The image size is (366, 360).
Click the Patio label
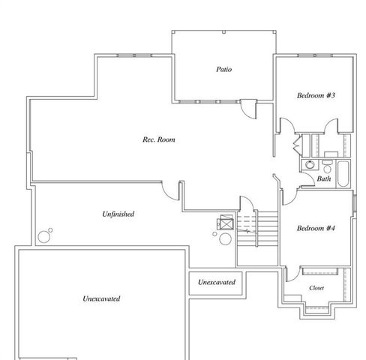(223, 70)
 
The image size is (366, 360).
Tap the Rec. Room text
(160, 139)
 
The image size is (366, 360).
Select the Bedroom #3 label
(315, 96)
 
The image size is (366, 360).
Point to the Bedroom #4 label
(315, 228)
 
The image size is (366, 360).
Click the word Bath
(324, 179)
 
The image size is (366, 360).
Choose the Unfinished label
(118, 214)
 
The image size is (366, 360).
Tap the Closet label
(316, 288)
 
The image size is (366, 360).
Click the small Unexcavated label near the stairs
(217, 283)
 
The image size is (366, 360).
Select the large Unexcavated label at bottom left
(101, 298)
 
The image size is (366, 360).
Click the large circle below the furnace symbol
(225, 240)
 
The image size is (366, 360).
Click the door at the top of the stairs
(244, 204)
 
